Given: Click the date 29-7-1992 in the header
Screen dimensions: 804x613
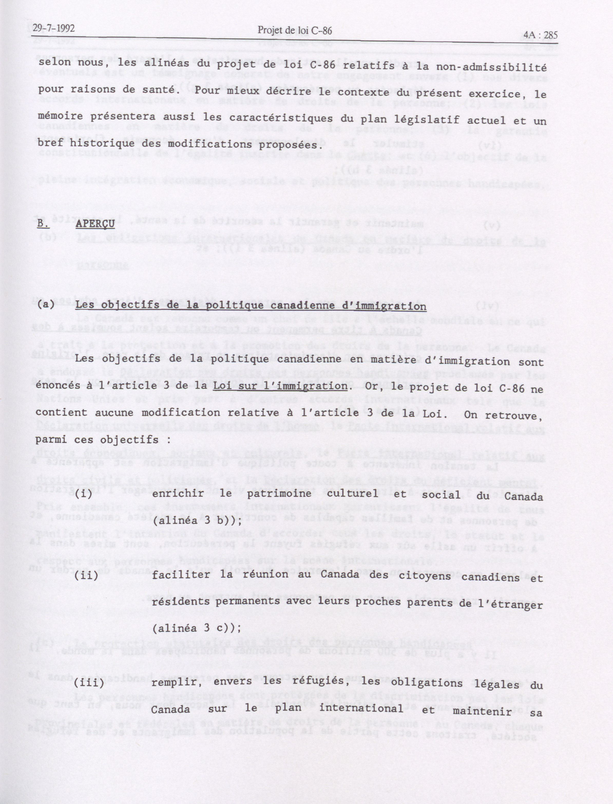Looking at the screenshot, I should coord(53,29).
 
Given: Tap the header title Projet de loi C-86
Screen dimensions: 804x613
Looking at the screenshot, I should coord(295,31).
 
